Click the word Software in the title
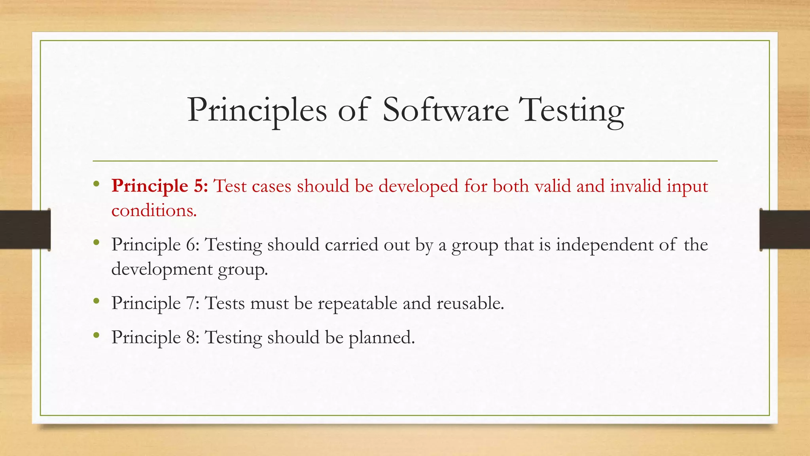click(x=446, y=110)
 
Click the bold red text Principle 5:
click(x=159, y=186)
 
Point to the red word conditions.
click(x=154, y=210)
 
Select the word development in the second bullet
click(x=162, y=269)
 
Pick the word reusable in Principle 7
click(x=470, y=303)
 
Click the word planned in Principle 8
click(x=381, y=338)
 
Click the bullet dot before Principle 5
click(x=97, y=183)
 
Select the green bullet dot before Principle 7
click(x=97, y=301)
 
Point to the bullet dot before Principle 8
click(x=97, y=335)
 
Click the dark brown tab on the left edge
click(x=25, y=230)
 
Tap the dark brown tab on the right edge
click(x=785, y=230)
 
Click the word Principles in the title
click(x=257, y=110)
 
